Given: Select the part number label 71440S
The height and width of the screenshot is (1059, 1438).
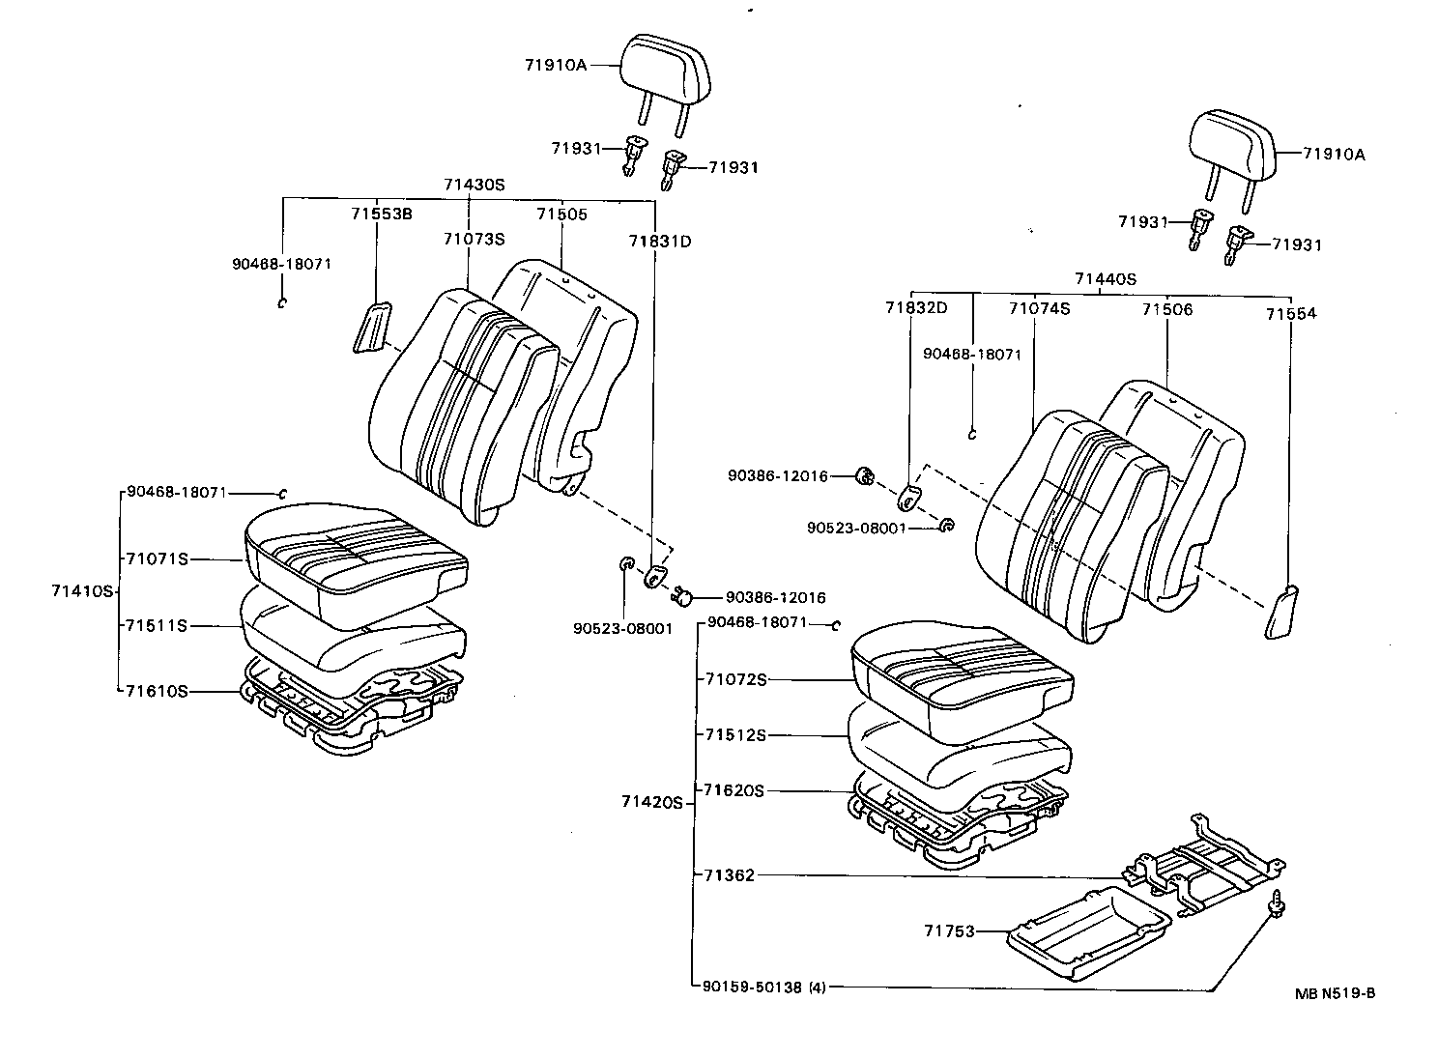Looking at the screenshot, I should click(1105, 279).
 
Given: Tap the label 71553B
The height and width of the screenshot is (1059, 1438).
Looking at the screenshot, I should click(381, 214).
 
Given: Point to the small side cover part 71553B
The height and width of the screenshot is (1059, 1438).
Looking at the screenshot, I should click(372, 328).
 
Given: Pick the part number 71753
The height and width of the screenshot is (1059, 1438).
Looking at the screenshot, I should click(948, 930).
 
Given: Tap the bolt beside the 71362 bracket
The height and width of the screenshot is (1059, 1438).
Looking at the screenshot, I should click(1278, 902).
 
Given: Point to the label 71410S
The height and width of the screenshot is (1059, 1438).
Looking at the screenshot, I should click(83, 590).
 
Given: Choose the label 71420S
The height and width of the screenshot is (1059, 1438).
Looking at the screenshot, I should click(652, 801).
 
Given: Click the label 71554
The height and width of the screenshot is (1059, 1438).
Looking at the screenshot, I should click(1291, 313).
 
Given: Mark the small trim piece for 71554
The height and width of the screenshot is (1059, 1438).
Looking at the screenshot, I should click(1281, 612).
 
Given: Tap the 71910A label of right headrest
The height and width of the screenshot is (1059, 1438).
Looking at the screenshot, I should click(1334, 154).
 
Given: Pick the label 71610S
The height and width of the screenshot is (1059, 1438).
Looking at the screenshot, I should click(156, 691).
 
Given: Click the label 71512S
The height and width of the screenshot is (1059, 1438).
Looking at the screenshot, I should click(734, 735).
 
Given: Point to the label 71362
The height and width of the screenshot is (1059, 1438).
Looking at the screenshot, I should click(729, 875).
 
